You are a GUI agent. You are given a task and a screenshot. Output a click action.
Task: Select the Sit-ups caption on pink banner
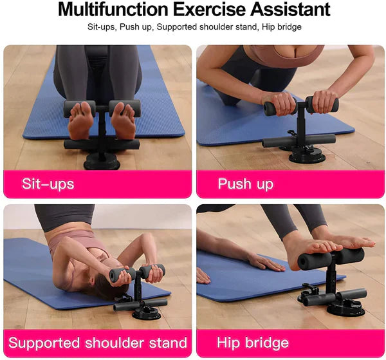click(x=48, y=184)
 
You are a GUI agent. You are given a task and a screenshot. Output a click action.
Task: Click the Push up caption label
click(x=245, y=184)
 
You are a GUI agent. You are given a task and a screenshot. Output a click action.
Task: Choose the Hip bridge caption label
click(x=253, y=342)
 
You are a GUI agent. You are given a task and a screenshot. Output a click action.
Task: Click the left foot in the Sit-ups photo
click(x=81, y=121)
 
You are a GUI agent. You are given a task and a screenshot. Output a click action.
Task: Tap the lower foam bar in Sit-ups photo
click(x=101, y=144)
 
